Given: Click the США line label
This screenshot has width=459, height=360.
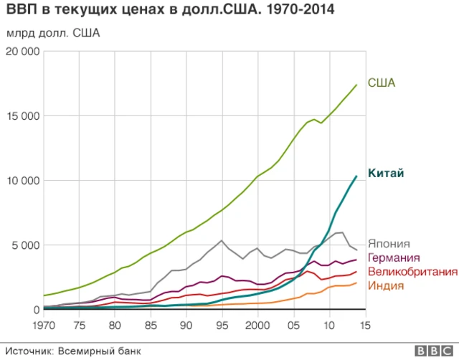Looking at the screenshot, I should click(x=382, y=84).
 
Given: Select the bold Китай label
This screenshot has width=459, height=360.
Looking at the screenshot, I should click(x=386, y=174).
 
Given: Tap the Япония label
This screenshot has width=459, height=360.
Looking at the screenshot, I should click(x=389, y=244).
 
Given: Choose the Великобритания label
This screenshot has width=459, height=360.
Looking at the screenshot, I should click(x=412, y=272).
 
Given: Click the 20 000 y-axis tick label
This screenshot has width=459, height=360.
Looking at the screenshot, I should click(x=22, y=52).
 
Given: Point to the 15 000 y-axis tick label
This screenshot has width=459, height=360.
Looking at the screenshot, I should click(x=22, y=116).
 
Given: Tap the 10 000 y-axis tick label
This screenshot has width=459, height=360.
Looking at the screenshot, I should click(x=22, y=181).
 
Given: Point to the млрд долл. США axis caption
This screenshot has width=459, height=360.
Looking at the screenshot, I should click(x=53, y=33).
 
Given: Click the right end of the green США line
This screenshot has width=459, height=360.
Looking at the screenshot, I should click(x=356, y=85).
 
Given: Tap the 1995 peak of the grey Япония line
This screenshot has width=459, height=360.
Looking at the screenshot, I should click(x=222, y=240).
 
